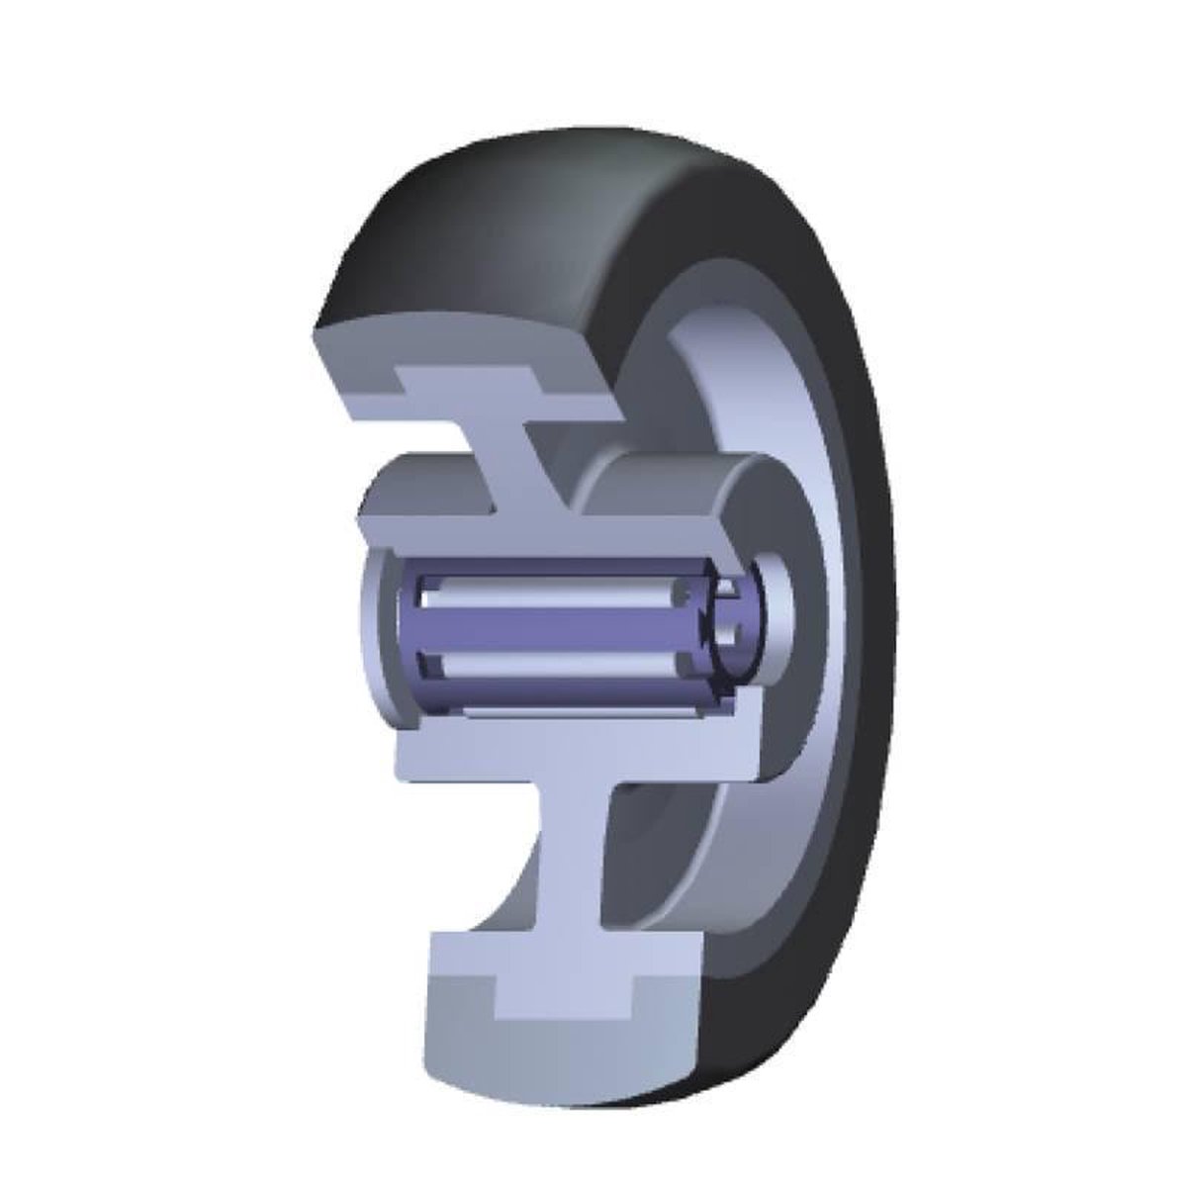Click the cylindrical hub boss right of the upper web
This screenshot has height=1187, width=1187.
pos(673,485)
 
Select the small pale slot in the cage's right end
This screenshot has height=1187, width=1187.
pos(727,593)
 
